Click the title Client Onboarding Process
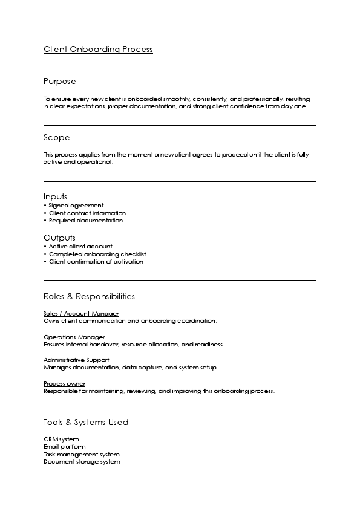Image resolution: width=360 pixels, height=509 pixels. [98, 50]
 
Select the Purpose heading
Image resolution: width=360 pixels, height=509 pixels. [59, 81]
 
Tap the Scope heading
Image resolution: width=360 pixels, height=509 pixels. [56, 137]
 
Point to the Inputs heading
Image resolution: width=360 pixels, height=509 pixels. [55, 196]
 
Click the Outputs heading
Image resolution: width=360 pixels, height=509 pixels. [59, 238]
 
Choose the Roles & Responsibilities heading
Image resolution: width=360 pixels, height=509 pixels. [89, 296]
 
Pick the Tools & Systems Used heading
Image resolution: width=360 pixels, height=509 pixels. [86, 422]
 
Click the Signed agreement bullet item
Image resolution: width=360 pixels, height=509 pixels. [76, 206]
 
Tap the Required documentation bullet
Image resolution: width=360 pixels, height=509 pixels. [85, 220]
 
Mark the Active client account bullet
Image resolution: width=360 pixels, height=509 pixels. [80, 247]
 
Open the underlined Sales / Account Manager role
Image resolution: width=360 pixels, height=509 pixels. [81, 314]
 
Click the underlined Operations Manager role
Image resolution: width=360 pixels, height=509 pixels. [74, 337]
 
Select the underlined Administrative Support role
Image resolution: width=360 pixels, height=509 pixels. [76, 360]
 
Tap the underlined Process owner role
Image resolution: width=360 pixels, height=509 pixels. [64, 383]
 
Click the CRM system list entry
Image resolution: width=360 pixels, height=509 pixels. [61, 439]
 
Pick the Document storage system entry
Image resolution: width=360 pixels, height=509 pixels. [82, 462]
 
